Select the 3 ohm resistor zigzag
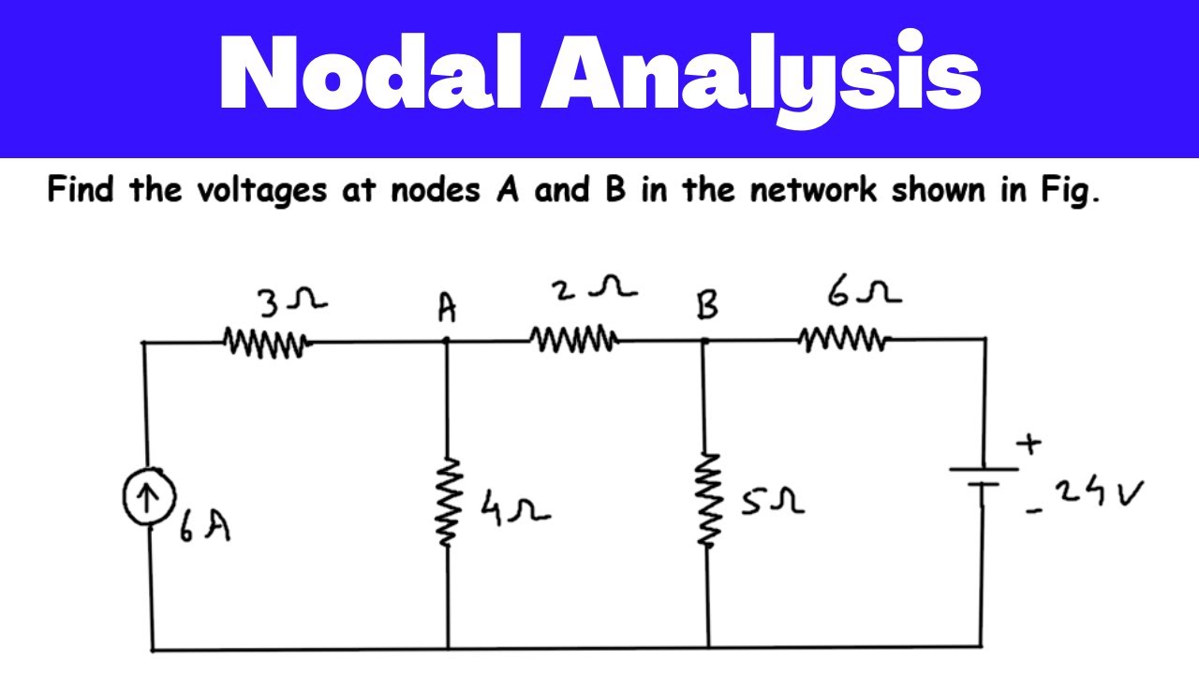(265, 343)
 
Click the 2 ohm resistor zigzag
(572, 339)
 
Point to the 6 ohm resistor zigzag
(842, 338)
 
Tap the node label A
(448, 308)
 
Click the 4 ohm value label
(514, 507)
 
